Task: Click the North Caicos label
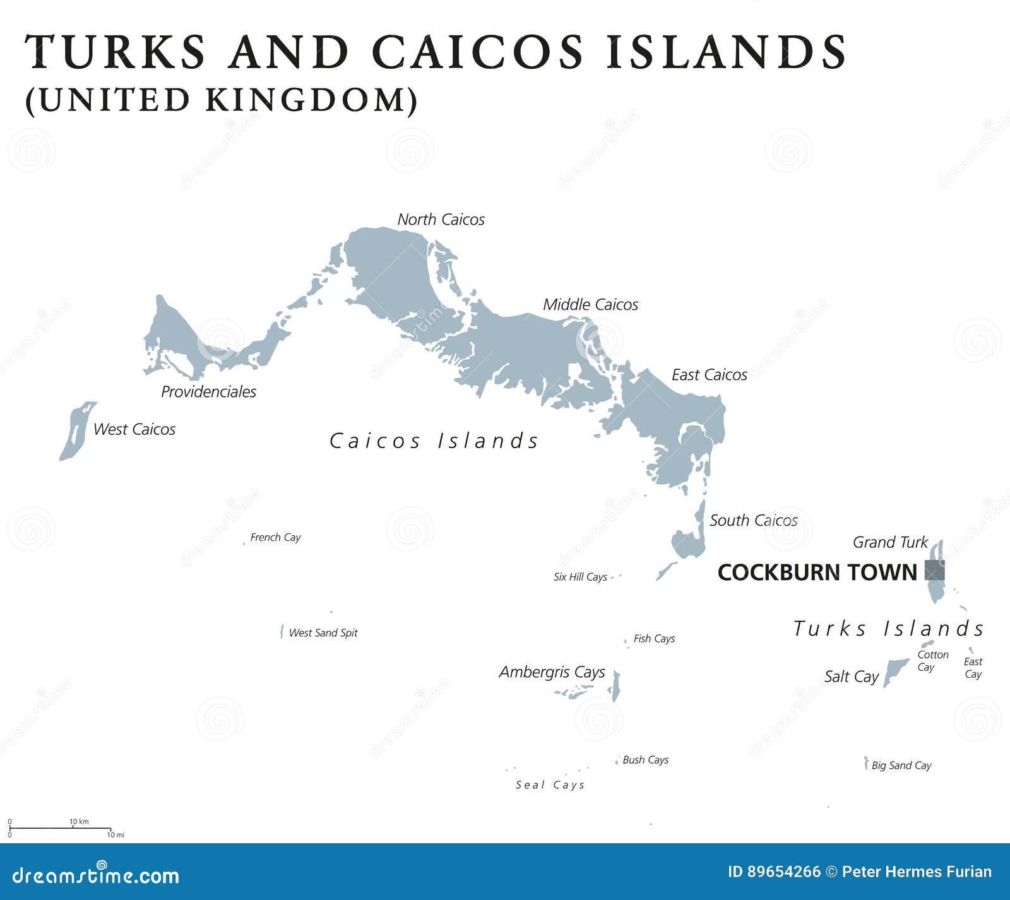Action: point(441,220)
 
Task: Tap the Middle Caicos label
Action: point(590,305)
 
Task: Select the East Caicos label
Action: point(709,375)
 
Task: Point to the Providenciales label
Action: point(208,392)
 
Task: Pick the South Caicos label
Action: point(753,521)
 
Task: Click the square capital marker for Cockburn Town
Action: point(934,571)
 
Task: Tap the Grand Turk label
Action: point(890,542)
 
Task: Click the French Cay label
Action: point(275,538)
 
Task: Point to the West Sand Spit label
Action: point(323,633)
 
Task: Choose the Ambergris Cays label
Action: point(552,672)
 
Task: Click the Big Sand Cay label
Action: point(901,766)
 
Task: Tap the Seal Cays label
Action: point(550,785)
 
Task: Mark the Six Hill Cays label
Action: point(580,577)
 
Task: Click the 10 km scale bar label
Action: point(79,822)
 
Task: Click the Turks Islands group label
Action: point(888,629)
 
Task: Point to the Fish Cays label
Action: point(654,639)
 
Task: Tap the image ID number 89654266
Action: point(783,872)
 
